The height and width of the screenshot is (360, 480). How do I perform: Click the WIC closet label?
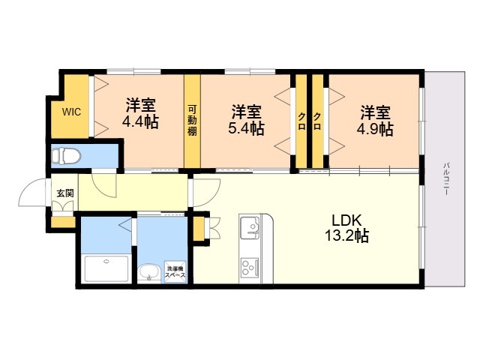[x=71, y=112]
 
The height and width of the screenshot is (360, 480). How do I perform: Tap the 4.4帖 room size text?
[x=140, y=121]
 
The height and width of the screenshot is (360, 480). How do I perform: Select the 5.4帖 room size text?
[x=246, y=129]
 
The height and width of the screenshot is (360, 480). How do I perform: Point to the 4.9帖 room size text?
[x=375, y=129]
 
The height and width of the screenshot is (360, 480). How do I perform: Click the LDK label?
[x=347, y=220]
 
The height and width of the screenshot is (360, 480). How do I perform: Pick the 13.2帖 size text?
[x=346, y=235]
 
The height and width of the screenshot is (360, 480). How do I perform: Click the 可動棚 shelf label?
[x=192, y=120]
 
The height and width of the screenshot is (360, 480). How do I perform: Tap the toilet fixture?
[x=66, y=156]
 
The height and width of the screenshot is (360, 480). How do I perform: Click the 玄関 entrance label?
[x=65, y=193]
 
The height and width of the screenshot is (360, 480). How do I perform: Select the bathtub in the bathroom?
[x=106, y=268]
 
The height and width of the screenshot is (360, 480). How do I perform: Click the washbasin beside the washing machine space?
[x=148, y=271]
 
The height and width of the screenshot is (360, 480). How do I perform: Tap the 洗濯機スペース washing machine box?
[x=175, y=271]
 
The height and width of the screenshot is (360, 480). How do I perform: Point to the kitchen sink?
[x=250, y=227]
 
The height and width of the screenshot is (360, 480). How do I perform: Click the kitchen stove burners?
[x=250, y=268]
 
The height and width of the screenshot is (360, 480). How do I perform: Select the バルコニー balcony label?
[x=446, y=178]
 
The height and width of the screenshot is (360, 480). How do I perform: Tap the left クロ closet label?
[x=301, y=121]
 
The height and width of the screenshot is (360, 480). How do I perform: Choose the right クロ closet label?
[x=317, y=121]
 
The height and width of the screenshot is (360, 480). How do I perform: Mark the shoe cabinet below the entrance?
[x=63, y=222]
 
